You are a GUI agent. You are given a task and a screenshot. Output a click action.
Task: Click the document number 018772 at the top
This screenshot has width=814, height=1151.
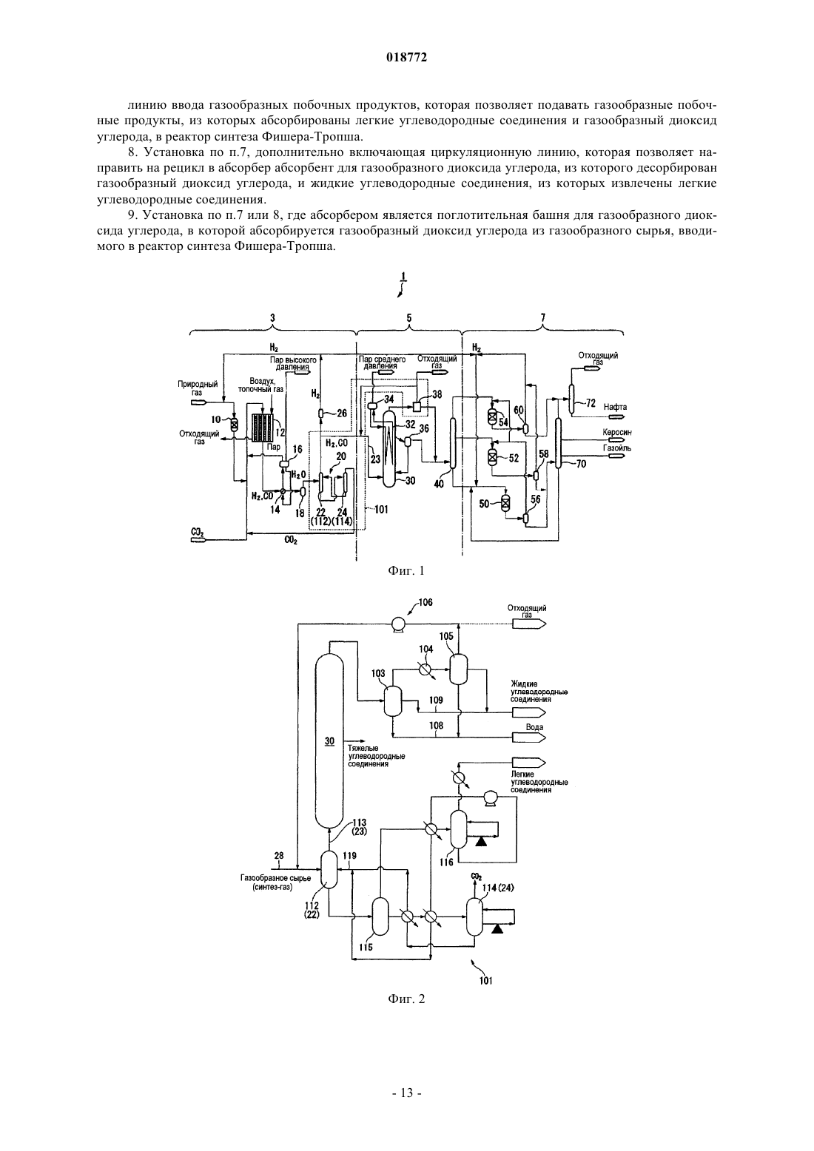pos(406,58)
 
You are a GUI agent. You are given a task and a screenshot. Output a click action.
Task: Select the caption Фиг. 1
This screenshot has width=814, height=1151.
pos(406,570)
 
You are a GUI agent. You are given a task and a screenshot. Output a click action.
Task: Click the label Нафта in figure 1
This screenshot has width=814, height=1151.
pos(615,407)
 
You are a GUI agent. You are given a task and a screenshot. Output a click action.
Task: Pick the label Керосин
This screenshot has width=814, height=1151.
pos(617,433)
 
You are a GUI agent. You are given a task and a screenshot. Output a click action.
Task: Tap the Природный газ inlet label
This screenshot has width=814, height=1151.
pos(198,388)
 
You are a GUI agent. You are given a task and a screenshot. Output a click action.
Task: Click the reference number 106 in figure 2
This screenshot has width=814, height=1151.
pos(425,602)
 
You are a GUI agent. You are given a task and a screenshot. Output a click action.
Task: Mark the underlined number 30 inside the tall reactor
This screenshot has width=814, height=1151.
pos(329,741)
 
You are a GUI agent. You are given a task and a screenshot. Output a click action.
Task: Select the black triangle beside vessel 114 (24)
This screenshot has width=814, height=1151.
pos(497,928)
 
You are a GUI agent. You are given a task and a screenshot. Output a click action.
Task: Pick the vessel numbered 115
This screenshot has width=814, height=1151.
pos(380,917)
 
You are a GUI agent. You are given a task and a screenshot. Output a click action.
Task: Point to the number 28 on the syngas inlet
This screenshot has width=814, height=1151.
pos(278,856)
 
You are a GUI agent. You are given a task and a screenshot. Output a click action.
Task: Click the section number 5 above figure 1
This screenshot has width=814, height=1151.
pos(409,318)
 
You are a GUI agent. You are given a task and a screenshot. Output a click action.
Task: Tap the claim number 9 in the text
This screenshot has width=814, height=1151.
pos(132,215)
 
